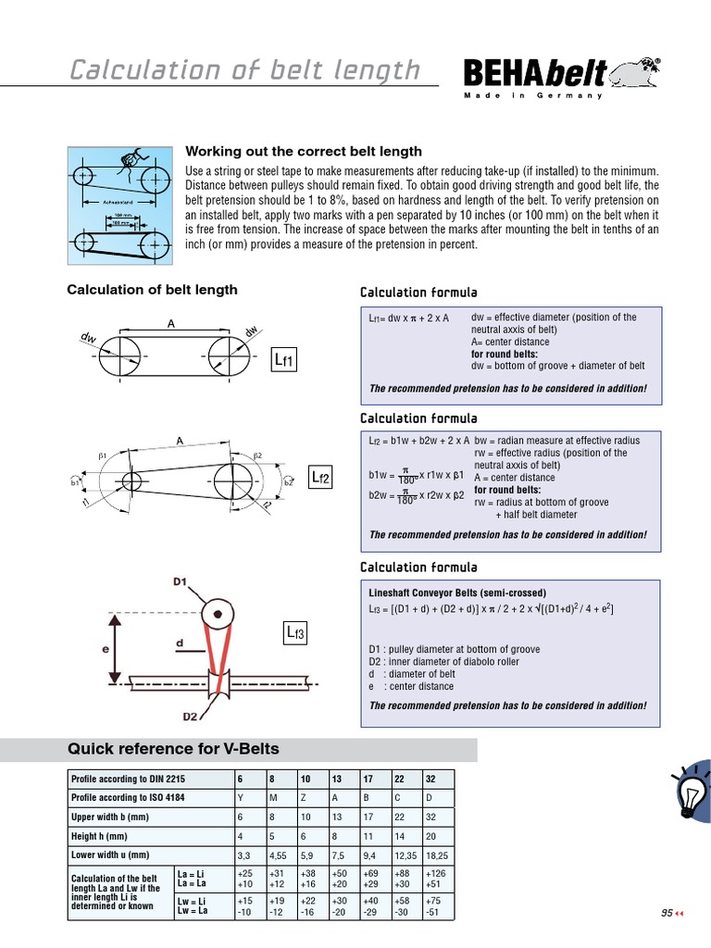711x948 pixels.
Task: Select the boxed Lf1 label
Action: pyautogui.click(x=284, y=360)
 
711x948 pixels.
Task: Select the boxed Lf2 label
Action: pyautogui.click(x=320, y=477)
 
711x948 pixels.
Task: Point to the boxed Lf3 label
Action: pyautogui.click(x=295, y=633)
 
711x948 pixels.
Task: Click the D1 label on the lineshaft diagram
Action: pyautogui.click(x=180, y=582)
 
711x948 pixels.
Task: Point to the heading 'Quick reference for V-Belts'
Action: pyautogui.click(x=173, y=749)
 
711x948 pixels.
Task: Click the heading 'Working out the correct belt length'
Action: pyautogui.click(x=304, y=151)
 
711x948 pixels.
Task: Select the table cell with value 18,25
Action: pyautogui.click(x=438, y=855)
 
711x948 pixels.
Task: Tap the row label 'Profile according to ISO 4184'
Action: pyautogui.click(x=128, y=798)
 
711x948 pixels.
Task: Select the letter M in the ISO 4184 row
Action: pyautogui.click(x=273, y=798)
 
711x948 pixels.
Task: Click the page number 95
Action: pyautogui.click(x=667, y=912)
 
